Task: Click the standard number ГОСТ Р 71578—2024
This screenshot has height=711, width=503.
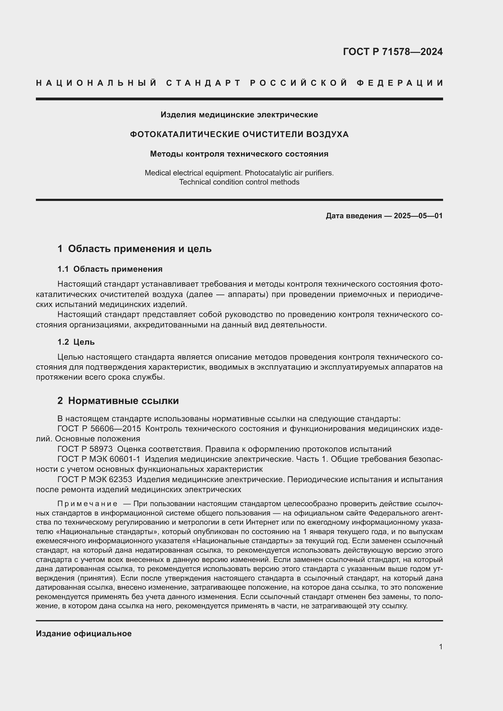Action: pos(393,52)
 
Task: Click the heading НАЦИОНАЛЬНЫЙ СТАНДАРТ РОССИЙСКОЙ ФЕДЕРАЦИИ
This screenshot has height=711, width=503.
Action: pos(239,83)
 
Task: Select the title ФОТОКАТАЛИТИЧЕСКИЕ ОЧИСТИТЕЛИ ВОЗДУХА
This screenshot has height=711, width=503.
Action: pos(239,134)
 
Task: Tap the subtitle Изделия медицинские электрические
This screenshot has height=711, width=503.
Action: pos(239,115)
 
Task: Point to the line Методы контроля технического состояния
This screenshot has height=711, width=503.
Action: pos(239,154)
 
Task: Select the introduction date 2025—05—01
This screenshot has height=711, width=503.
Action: pos(418,216)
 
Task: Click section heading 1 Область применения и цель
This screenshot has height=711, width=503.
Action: pos(134,249)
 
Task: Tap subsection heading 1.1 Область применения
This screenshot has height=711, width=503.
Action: pos(110,269)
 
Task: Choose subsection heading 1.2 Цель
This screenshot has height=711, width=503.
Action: pos(76,342)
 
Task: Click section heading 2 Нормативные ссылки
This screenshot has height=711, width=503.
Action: pos(118,401)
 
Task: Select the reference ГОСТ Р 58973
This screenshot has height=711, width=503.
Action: pos(85,449)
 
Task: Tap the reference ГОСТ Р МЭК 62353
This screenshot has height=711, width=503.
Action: pos(95,479)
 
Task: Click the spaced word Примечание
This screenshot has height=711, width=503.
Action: pos(87,504)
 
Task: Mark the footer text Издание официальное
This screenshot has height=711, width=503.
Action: pos(84,633)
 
